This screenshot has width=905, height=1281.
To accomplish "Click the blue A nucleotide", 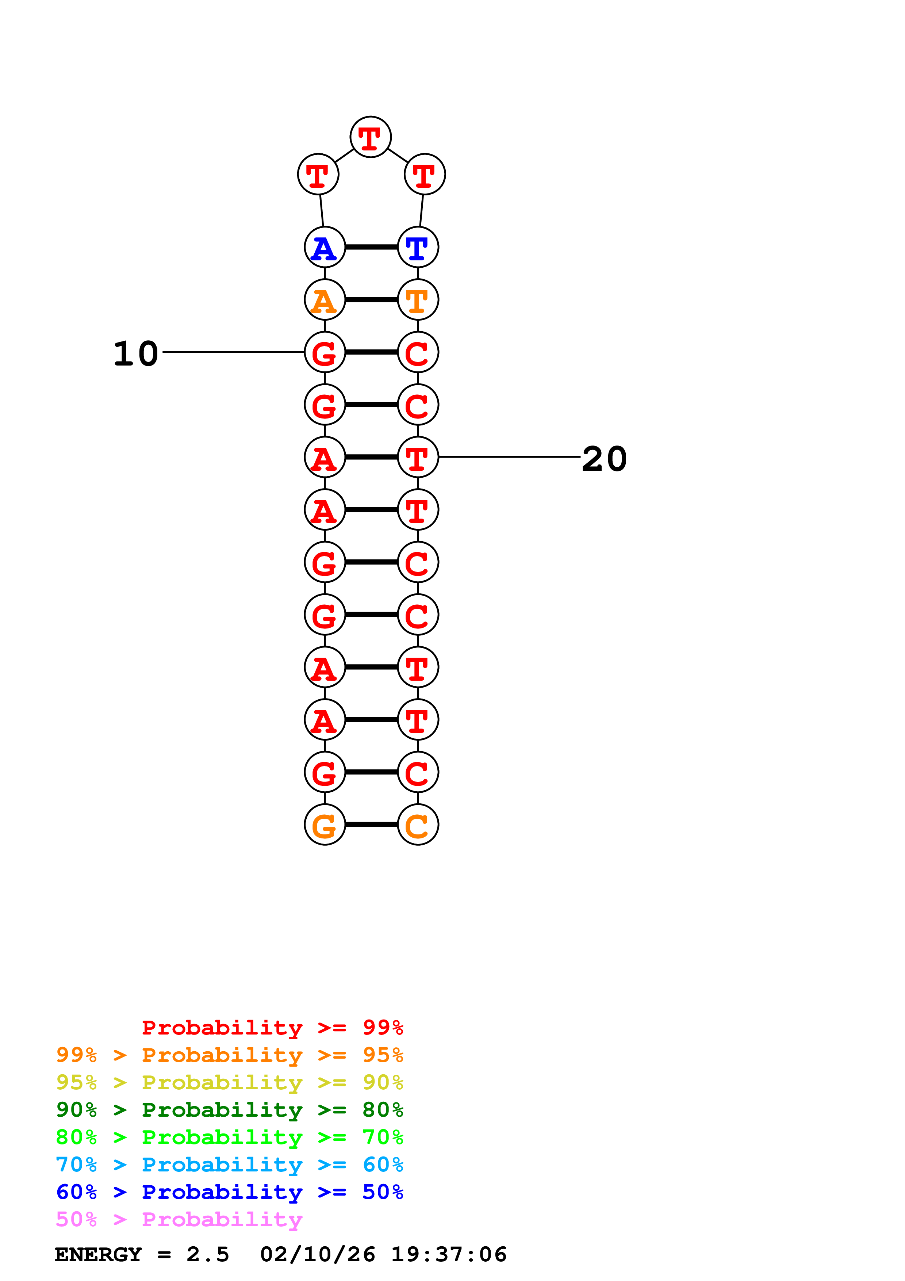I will [325, 247].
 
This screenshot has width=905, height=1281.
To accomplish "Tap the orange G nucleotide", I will [325, 825].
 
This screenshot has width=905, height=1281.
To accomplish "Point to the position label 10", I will [135, 354].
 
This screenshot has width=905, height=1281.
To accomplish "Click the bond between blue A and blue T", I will [371, 247].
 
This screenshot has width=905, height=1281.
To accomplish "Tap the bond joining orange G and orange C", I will [371, 825].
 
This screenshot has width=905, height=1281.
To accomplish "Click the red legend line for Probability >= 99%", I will [272, 1028].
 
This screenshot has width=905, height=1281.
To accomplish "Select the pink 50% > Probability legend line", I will [179, 1220].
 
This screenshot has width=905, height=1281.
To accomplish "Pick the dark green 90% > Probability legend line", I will [229, 1110].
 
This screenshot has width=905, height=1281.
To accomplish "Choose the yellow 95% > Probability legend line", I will [229, 1082].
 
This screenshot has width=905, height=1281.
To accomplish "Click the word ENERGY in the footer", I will [98, 1255].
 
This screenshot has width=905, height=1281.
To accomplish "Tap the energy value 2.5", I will [207, 1255].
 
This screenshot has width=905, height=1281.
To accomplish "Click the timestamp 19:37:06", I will [449, 1255].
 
